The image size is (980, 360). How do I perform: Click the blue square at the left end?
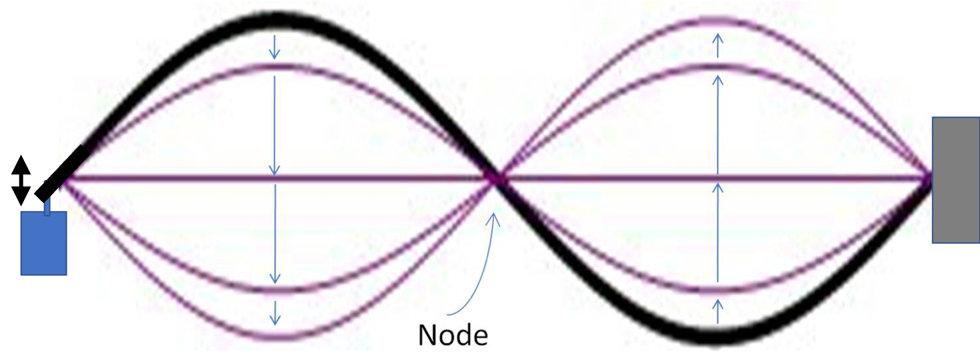[44, 243]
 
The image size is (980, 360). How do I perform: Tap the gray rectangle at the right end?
[955, 180]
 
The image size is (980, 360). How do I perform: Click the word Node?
[453, 335]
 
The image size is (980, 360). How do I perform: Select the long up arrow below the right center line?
[718, 233]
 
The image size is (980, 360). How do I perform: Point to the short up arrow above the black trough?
[718, 311]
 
